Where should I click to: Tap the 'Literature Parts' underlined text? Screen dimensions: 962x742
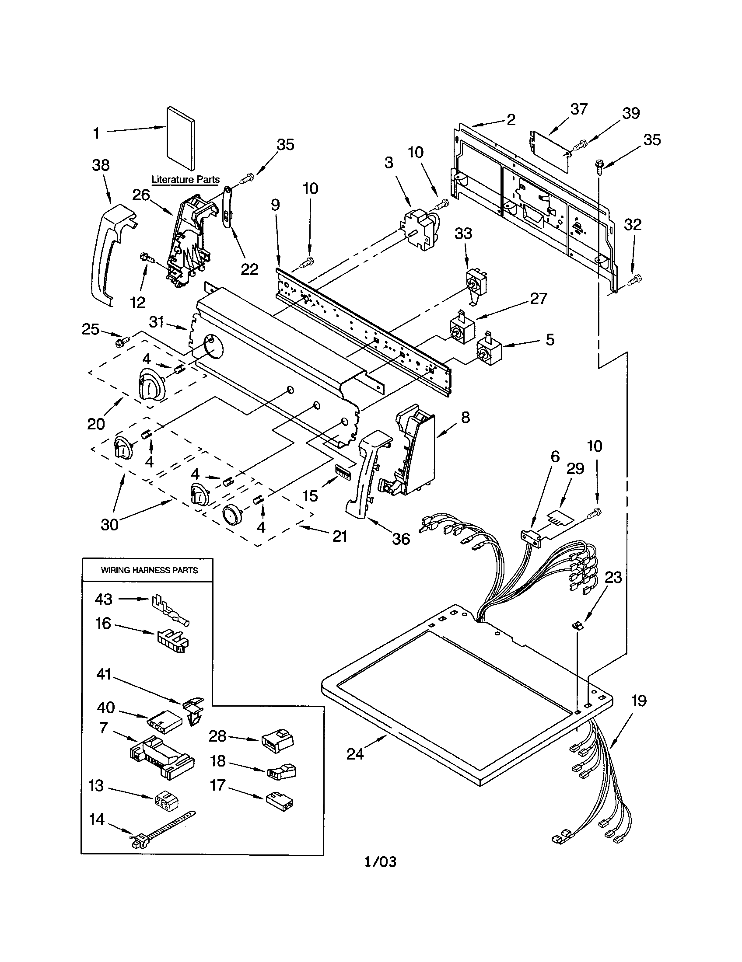coord(185,180)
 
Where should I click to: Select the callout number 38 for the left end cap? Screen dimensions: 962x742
coord(101,165)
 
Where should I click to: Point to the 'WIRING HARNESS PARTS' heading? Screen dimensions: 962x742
coord(149,570)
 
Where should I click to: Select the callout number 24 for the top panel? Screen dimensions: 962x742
coord(355,754)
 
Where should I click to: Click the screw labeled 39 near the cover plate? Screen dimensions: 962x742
coord(580,143)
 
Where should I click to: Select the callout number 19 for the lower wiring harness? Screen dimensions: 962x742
coord(639,701)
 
